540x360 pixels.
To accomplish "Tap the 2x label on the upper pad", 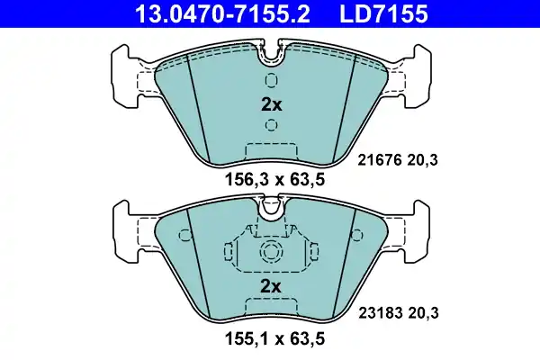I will (x=271, y=104).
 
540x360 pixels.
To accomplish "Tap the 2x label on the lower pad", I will (x=271, y=286).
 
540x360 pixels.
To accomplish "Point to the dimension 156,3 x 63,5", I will (x=271, y=178).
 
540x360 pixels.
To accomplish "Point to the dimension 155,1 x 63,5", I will (x=271, y=341).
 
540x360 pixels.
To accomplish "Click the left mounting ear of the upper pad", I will (x=126, y=72).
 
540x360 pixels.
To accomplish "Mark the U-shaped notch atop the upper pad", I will (x=271, y=56).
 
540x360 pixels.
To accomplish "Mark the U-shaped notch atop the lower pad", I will (x=271, y=211).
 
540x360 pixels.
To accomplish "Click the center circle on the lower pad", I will (x=271, y=253).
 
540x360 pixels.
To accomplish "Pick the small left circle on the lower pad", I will (x=186, y=238).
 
